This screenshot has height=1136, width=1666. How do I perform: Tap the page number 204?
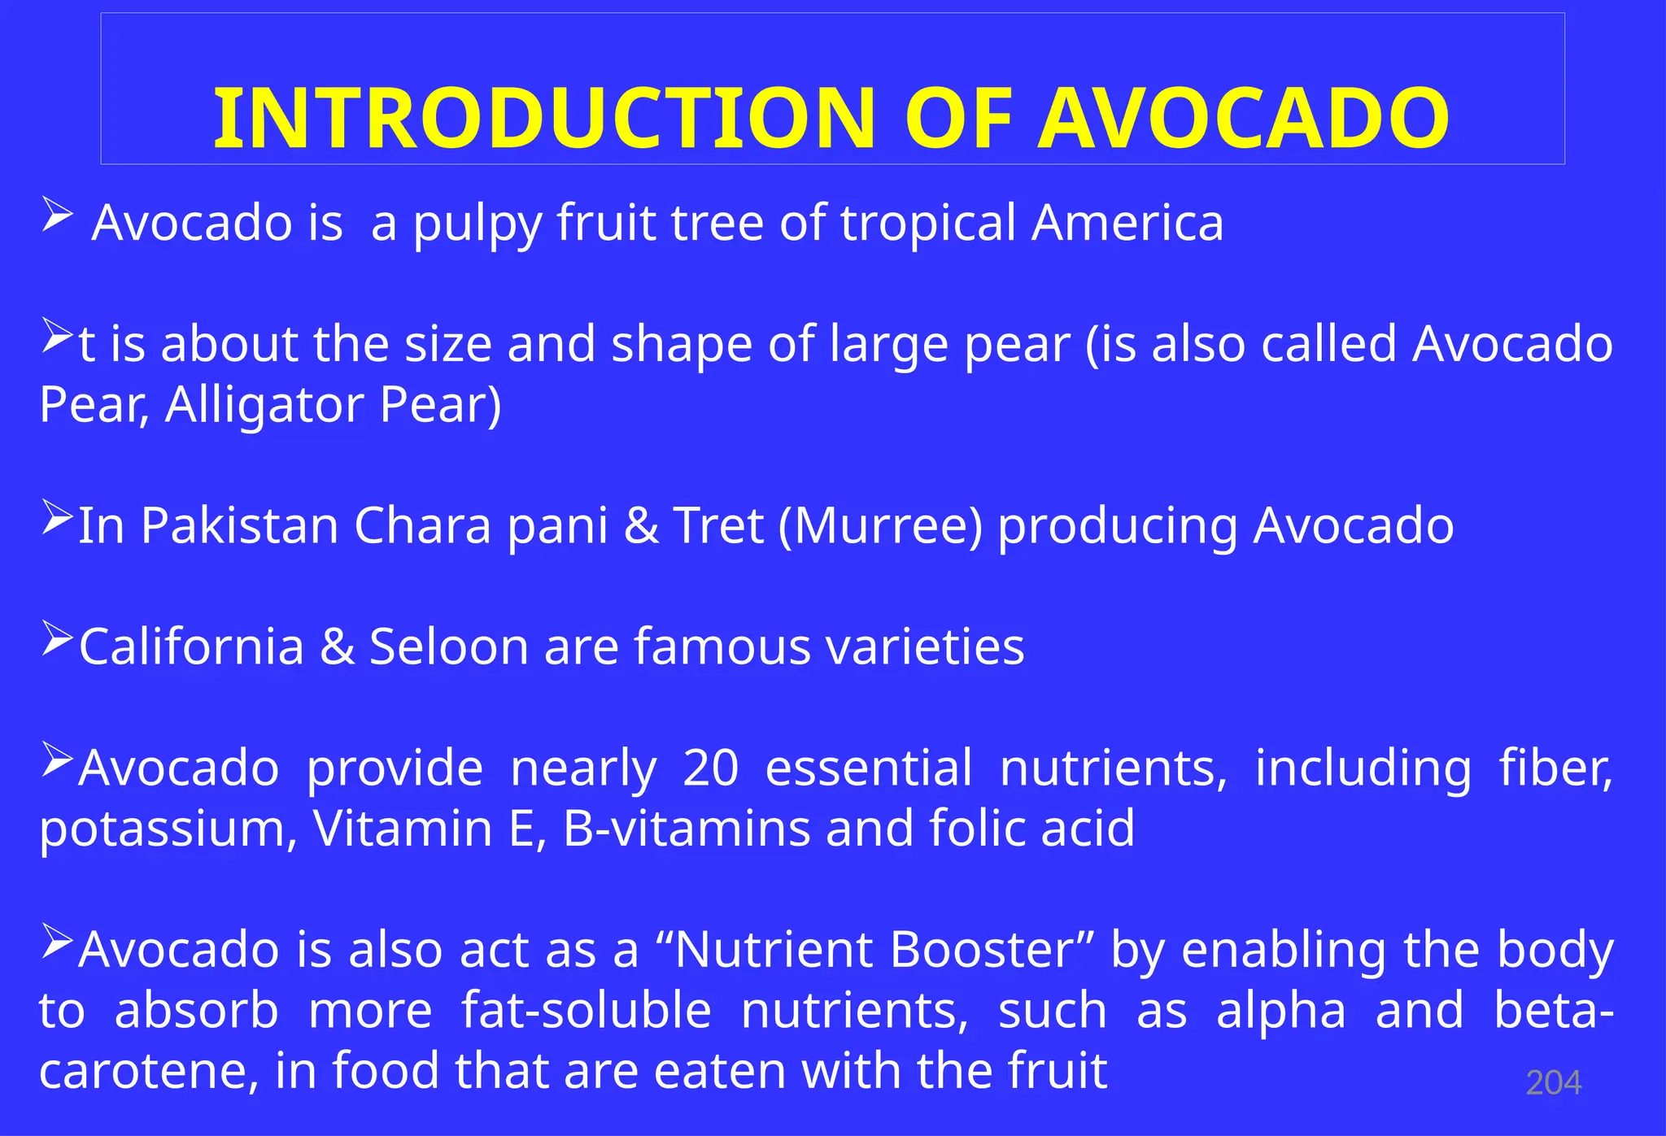coord(1553,1083)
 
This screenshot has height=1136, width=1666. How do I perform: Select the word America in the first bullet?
coord(1127,223)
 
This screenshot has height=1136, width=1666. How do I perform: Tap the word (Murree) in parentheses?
coord(880,526)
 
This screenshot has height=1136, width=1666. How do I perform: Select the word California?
coord(191,647)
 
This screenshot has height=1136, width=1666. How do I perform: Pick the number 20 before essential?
coord(710,768)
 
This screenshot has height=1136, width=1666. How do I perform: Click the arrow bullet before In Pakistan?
coord(57,517)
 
